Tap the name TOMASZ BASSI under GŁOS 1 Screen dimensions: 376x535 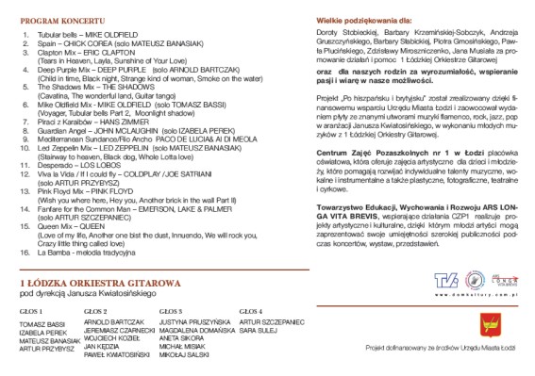[x=39, y=323]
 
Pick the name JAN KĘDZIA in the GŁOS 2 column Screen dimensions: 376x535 [x=100, y=346]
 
